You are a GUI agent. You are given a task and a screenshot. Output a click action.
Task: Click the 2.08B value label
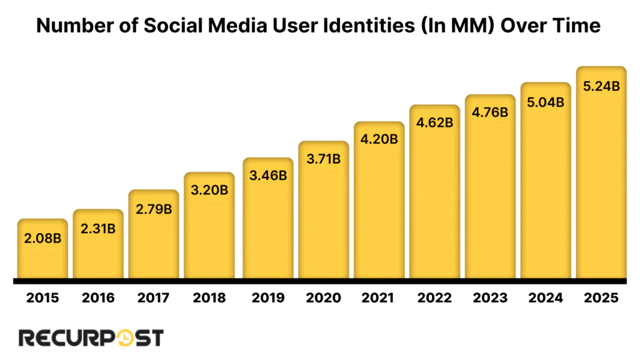coord(42,238)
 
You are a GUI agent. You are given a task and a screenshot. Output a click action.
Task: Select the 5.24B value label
coord(601,86)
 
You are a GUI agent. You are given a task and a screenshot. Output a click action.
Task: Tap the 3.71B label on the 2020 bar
coord(322,159)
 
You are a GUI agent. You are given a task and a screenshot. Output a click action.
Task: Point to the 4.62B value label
coord(434,122)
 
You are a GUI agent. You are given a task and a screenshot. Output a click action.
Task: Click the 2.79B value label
coord(154,209)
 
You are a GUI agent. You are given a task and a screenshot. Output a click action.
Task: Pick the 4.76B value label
coord(490,113)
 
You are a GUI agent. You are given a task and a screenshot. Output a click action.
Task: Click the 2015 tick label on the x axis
coord(42,298)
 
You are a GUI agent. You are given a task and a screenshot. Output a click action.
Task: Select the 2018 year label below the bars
coord(209,298)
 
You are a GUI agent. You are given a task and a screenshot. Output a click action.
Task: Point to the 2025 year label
coord(601,298)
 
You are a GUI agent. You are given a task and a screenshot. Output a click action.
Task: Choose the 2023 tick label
coord(490,298)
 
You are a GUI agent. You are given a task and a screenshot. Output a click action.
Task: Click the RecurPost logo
coord(91,338)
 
